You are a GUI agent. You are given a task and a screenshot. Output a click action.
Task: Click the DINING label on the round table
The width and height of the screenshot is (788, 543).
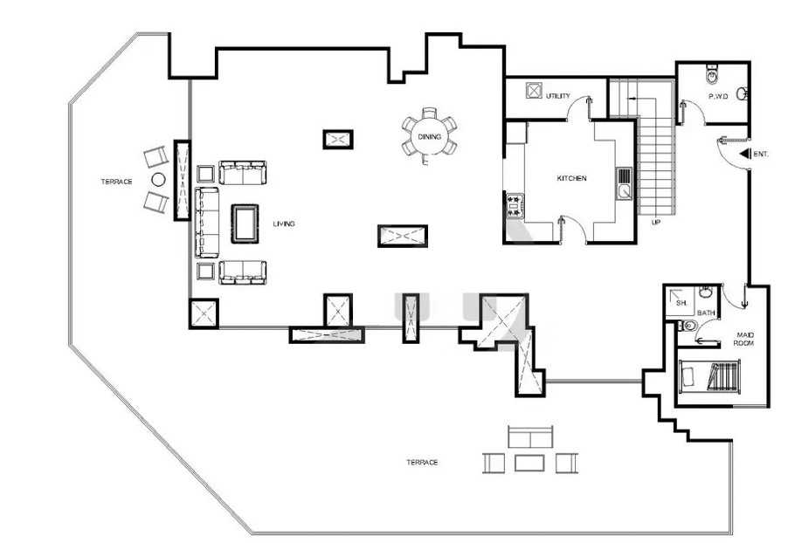[429, 136]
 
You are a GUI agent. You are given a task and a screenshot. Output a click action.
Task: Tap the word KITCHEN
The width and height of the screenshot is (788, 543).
[571, 178]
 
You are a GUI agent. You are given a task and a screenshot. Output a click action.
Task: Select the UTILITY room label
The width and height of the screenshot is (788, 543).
[558, 96]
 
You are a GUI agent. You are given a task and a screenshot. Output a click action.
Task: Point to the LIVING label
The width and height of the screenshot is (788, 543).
[283, 224]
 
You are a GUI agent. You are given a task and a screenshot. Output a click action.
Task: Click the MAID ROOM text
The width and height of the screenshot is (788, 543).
[744, 339]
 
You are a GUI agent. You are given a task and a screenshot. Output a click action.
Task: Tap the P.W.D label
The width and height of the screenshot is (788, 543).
[717, 96]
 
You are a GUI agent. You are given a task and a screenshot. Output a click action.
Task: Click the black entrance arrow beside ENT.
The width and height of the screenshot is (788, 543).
[745, 155]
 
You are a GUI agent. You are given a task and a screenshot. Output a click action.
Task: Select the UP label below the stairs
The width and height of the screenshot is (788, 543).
[655, 222]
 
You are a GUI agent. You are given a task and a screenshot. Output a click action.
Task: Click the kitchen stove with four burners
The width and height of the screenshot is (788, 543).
[515, 206]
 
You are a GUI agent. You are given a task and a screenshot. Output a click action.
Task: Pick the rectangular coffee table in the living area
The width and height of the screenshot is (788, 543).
[245, 223]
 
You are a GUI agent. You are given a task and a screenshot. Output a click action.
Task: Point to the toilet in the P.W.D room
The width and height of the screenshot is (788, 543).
[712, 74]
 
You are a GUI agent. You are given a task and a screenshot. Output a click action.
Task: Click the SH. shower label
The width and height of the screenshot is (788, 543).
[681, 304]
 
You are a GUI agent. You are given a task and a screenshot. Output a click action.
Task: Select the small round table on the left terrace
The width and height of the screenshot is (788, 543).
[158, 179]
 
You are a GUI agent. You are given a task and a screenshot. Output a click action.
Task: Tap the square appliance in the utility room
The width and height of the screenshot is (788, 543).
[533, 91]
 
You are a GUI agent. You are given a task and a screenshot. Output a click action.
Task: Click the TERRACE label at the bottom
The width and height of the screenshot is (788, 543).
[422, 462]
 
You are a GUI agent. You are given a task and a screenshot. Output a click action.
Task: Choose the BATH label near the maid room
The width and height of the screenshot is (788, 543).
[706, 313]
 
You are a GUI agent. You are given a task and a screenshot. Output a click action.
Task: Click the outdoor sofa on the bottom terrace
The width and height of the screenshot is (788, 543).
[530, 436]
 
